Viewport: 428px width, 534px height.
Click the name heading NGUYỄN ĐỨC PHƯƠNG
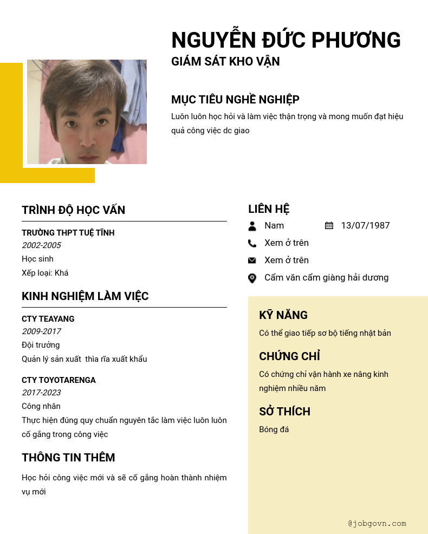[286, 41]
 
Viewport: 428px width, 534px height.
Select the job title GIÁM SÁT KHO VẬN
[225, 62]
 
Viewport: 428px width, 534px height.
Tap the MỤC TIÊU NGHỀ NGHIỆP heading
[235, 100]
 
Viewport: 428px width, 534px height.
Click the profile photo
[87, 112]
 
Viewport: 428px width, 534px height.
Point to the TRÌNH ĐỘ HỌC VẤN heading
[73, 210]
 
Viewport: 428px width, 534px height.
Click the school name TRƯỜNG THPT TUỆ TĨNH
[68, 233]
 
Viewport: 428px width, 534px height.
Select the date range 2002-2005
[41, 245]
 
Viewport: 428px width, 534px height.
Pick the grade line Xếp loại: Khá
[45, 273]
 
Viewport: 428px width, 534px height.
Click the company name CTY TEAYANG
[48, 319]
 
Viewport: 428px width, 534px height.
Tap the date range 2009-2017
[41, 331]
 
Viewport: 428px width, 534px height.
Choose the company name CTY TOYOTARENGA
[59, 380]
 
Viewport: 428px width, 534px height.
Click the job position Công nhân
[41, 406]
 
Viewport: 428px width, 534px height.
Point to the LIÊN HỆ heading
[269, 209]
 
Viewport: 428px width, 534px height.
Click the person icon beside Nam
[252, 226]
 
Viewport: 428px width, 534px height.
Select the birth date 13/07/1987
[365, 226]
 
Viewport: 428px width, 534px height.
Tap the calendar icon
[329, 226]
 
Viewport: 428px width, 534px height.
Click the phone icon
[252, 243]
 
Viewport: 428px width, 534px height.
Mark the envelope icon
[252, 261]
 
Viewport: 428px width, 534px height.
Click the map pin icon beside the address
[252, 278]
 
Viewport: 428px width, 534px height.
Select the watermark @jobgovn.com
[377, 524]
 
